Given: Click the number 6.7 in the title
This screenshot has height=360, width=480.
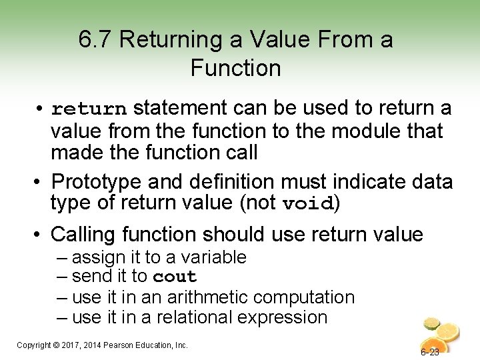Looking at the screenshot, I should pyautogui.click(x=95, y=41).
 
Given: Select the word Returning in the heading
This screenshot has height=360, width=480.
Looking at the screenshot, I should pyautogui.click(x=169, y=41).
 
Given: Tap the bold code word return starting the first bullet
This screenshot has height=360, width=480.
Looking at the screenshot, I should pyautogui.click(x=89, y=109).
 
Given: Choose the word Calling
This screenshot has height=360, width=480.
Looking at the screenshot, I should pyautogui.click(x=87, y=235).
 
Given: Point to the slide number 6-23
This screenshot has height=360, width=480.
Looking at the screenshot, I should pyautogui.click(x=430, y=352).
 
